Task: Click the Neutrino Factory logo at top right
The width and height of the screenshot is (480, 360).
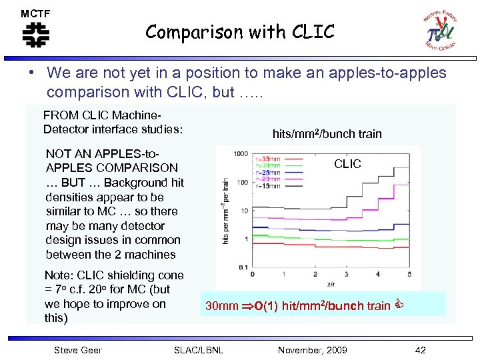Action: pos(442,31)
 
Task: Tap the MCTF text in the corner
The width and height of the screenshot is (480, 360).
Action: pos(35,13)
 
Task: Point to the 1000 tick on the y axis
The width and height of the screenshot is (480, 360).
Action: pos(240,154)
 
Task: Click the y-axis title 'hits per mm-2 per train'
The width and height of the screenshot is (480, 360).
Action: pos(227,210)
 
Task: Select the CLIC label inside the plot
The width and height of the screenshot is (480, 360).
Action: pos(347,163)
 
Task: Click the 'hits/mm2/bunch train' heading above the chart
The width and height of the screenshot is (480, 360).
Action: pos(327,133)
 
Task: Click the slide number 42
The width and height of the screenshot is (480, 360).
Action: pos(420,350)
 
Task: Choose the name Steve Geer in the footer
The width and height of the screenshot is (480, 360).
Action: pos(77,350)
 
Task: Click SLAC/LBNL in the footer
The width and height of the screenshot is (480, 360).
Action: pos(198,350)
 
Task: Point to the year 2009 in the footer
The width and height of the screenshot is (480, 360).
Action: pos(333,350)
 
